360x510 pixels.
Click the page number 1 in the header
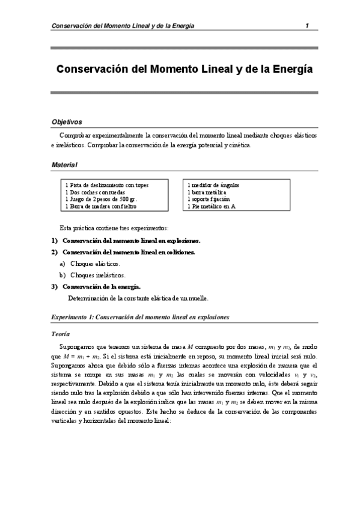pos(307,25)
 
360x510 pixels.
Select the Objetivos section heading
pos(67,121)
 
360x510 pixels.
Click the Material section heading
pos(64,164)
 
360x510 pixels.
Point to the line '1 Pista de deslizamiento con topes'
pos(107,185)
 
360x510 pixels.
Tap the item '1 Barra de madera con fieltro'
pos(101,206)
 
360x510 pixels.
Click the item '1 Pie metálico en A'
pos(212,206)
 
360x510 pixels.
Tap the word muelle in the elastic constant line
pos(197,297)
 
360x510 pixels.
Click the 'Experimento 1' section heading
pos(139,316)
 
